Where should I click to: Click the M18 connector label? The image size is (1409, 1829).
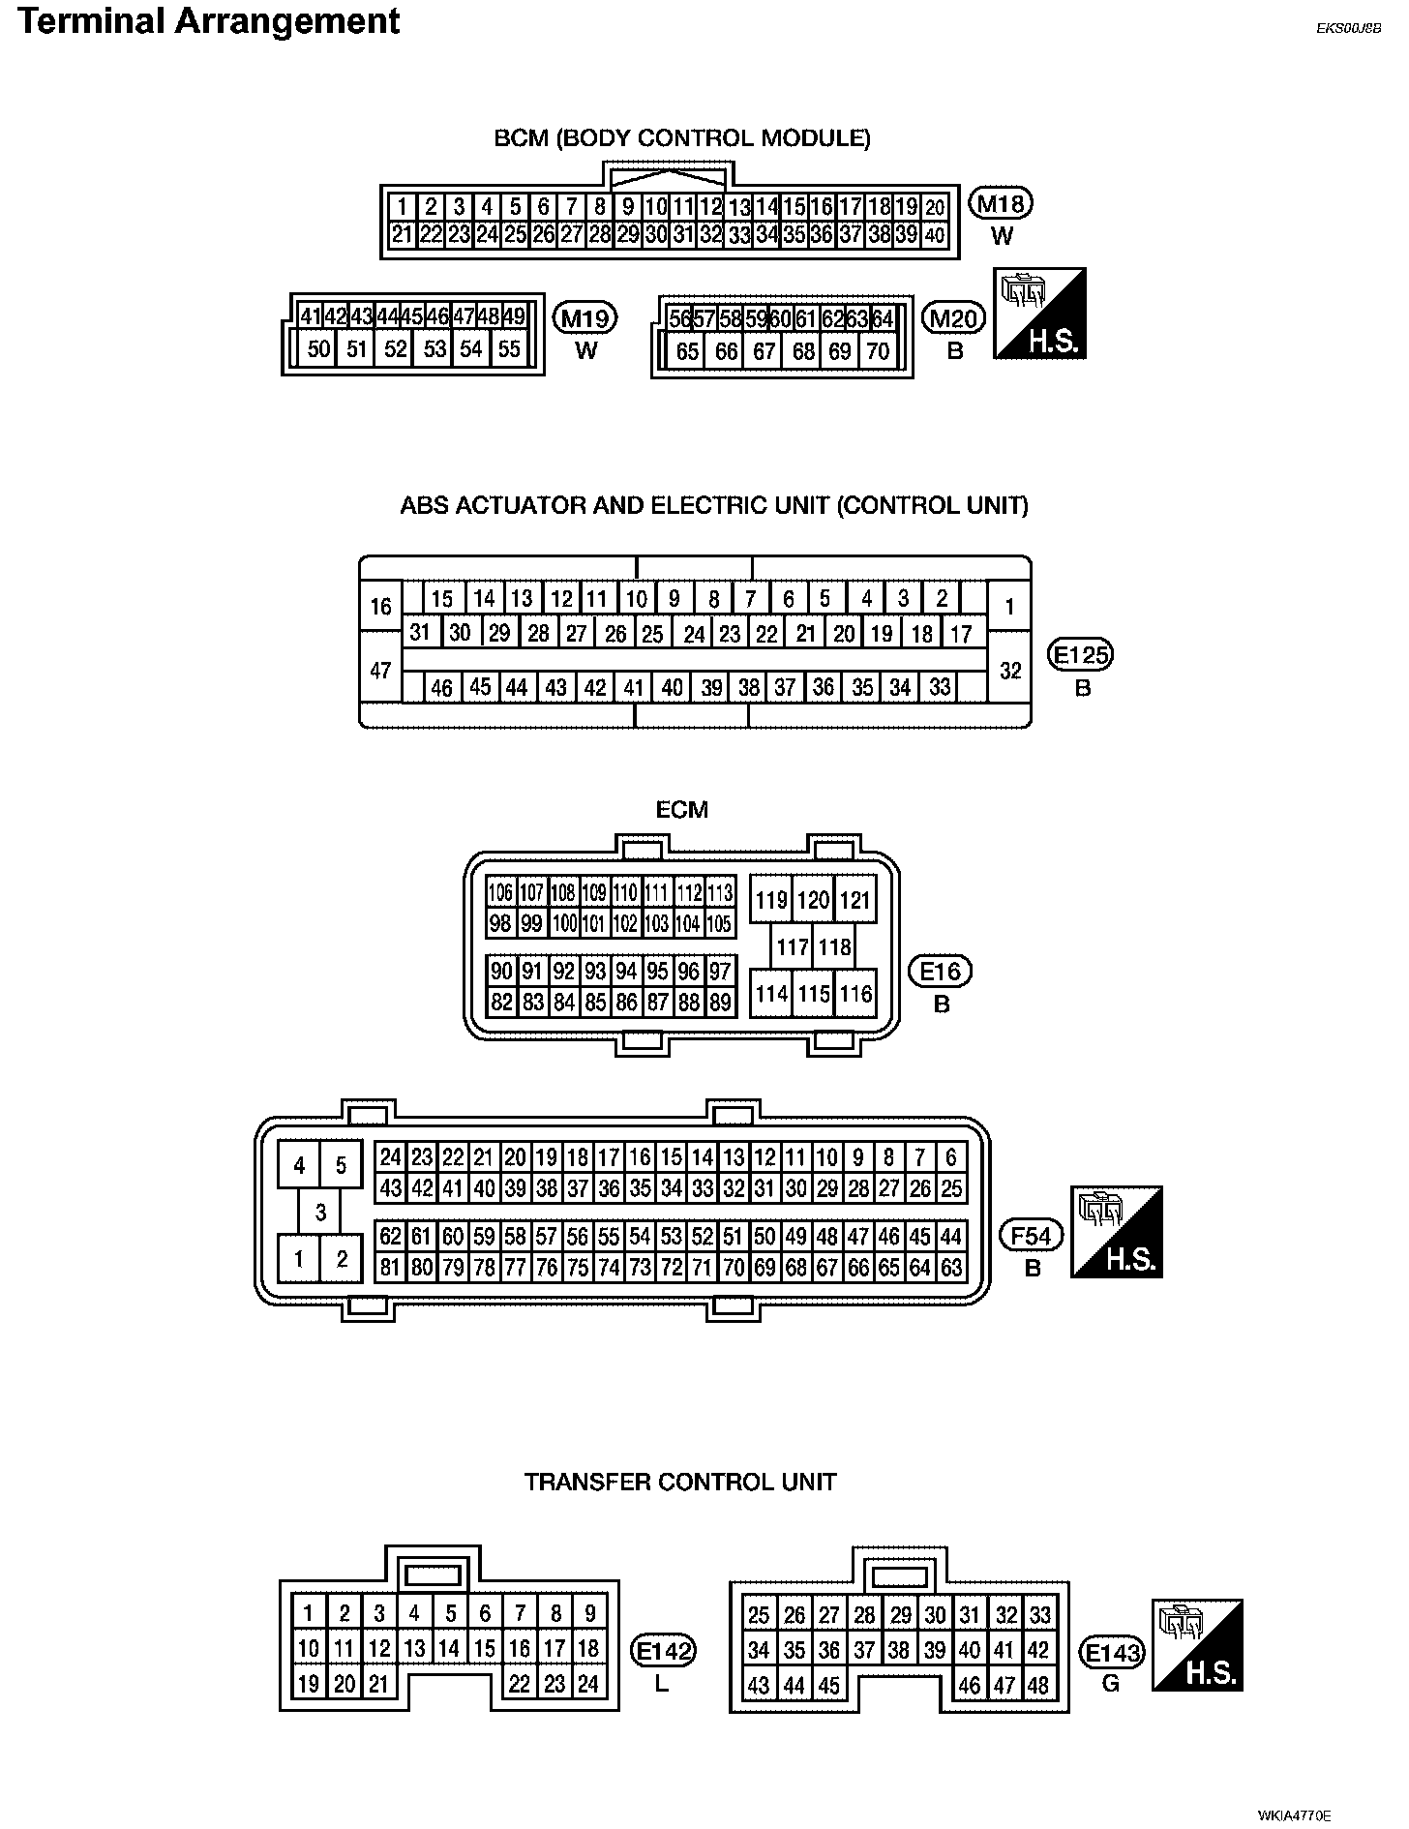pyautogui.click(x=1002, y=204)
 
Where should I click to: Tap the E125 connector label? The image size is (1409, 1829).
pyautogui.click(x=1082, y=656)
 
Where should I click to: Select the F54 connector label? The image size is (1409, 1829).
pyautogui.click(x=1032, y=1235)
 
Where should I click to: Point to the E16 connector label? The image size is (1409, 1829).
pyautogui.click(x=942, y=972)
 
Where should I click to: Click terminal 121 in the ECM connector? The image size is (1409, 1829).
pyautogui.click(x=854, y=901)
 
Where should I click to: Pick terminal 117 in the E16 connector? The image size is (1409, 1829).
pyautogui.click(x=793, y=947)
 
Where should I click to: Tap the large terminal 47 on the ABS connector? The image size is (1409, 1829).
pyautogui.click(x=380, y=669)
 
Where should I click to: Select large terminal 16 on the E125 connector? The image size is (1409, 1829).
pyautogui.click(x=380, y=607)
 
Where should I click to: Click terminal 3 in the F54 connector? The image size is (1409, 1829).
pyautogui.click(x=320, y=1212)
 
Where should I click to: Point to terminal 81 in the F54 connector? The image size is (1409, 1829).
pyautogui.click(x=390, y=1267)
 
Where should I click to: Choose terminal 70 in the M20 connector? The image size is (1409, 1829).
pyautogui.click(x=878, y=351)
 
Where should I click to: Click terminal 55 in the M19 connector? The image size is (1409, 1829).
pyautogui.click(x=509, y=349)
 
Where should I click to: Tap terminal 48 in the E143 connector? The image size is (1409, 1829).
pyautogui.click(x=1038, y=1685)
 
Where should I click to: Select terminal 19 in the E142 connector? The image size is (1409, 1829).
pyautogui.click(x=309, y=1684)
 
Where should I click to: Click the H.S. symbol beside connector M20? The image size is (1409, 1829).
pyautogui.click(x=1040, y=314)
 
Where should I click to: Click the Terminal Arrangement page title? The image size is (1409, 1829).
pyautogui.click(x=208, y=21)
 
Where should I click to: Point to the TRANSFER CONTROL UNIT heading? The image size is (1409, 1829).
pyautogui.click(x=680, y=1483)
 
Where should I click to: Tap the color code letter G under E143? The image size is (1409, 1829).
pyautogui.click(x=1111, y=1684)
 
